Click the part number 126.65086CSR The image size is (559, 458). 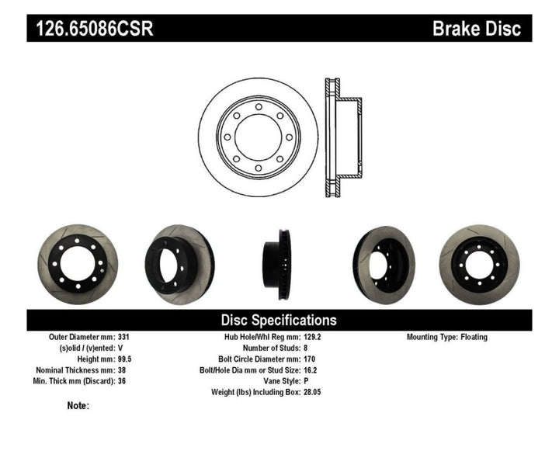pyautogui.click(x=92, y=29)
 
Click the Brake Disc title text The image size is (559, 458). pyautogui.click(x=476, y=29)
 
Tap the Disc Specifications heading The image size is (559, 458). pyautogui.click(x=279, y=320)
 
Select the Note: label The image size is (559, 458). pyautogui.click(x=78, y=405)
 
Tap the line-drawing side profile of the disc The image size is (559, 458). pyautogui.click(x=341, y=137)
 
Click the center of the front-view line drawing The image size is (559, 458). pyautogui.click(x=258, y=137)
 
